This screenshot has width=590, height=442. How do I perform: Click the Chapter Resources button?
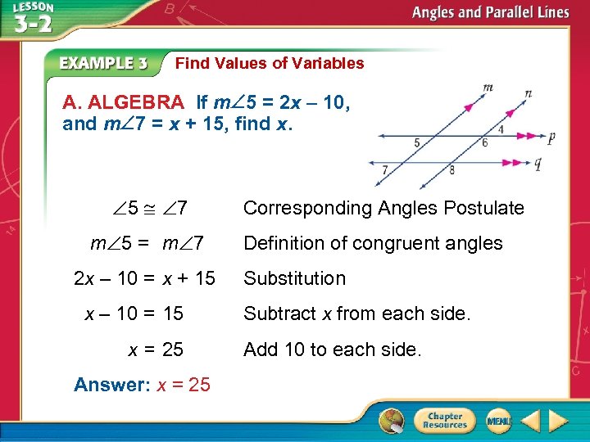click(444, 420)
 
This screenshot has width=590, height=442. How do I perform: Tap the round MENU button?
click(497, 420)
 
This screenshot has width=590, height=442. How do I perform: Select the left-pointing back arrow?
click(529, 421)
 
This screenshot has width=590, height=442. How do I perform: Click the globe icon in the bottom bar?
click(392, 421)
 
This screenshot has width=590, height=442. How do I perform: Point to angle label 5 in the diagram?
click(417, 142)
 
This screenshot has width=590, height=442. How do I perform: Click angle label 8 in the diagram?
click(452, 170)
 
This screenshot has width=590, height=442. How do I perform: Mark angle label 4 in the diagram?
click(501, 129)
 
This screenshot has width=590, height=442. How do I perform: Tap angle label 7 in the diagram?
click(385, 169)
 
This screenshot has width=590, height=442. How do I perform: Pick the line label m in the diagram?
click(488, 86)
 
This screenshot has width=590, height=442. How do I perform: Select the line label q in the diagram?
click(538, 163)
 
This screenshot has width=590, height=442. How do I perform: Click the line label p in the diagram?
click(551, 138)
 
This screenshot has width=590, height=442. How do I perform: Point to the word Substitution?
click(294, 278)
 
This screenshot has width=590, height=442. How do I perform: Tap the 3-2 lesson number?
click(33, 22)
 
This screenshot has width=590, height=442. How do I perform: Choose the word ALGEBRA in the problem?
click(136, 103)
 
